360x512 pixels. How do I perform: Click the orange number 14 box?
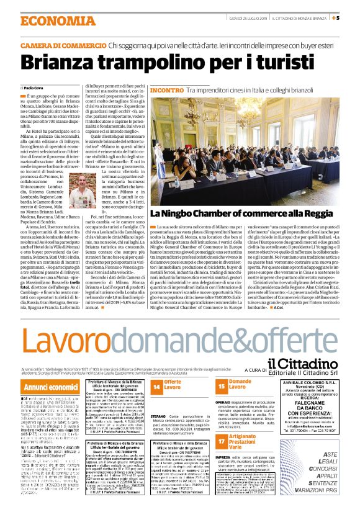[157, 386]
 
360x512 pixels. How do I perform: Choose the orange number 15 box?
[222, 386]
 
